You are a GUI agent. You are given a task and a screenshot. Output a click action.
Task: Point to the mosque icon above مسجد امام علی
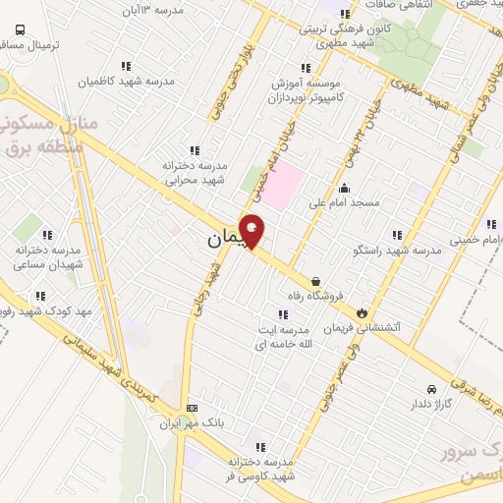click(x=343, y=189)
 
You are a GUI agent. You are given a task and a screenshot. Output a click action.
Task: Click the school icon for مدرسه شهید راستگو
click(x=396, y=235)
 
